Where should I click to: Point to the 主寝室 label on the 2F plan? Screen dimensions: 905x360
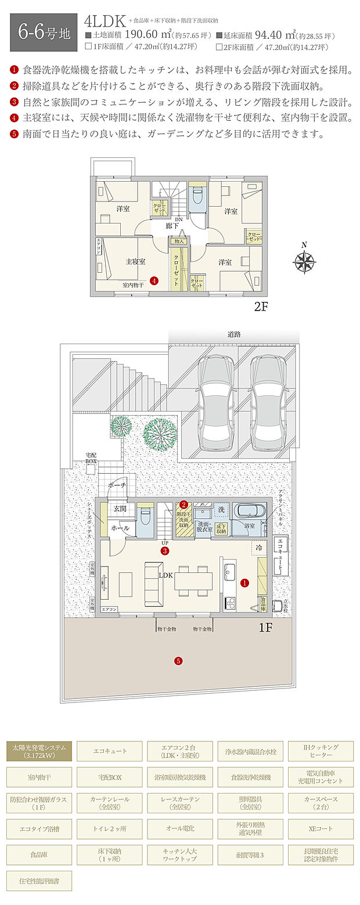(135, 262)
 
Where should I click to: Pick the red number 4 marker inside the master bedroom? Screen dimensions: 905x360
(154, 280)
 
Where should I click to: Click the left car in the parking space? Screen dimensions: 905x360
(215, 401)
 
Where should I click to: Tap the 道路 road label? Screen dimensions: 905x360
(234, 334)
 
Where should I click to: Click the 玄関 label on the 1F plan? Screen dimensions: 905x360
(120, 509)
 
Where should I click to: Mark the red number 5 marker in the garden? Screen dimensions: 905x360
(178, 660)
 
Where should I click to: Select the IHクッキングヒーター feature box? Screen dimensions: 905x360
(321, 751)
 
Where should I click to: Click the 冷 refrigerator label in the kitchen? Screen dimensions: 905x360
(257, 547)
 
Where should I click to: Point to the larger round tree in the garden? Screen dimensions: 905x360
(160, 432)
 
